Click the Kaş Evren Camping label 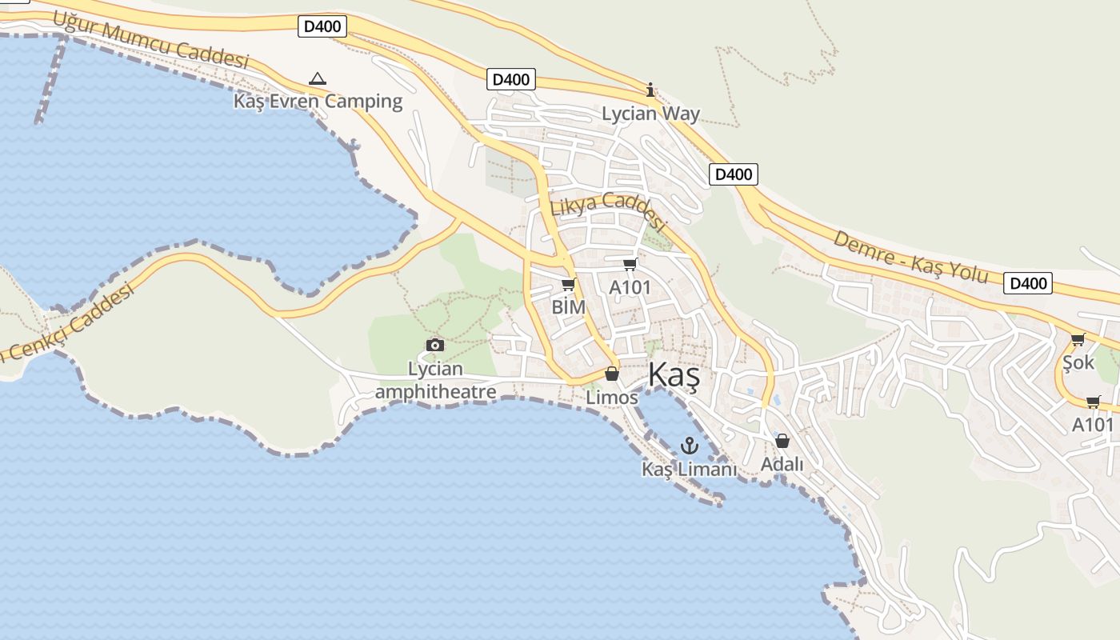318,101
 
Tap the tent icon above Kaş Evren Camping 318,78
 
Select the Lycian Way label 650,114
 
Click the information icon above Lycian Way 650,90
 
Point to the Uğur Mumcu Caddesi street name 151,39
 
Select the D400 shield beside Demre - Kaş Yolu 1028,282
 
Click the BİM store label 569,307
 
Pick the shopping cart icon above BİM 569,284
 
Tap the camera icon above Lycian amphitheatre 435,345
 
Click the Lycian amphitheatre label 435,380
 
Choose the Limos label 612,397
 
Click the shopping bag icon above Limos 612,374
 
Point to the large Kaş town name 674,374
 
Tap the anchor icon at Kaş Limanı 689,445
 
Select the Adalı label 782,464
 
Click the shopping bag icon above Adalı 782,441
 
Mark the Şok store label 1078,362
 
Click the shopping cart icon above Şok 1078,340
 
